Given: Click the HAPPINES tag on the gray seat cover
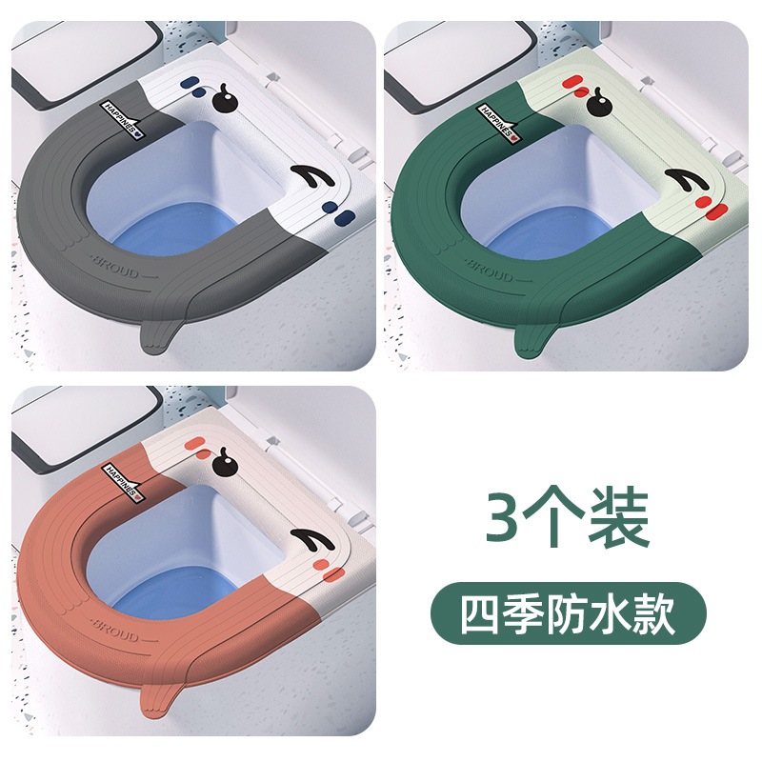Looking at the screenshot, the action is pos(122,120).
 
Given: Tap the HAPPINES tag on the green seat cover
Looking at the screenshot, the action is pos(497,123).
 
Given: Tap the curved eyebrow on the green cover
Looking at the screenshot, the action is pos(686,180).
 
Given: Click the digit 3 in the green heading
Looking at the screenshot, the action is pos(505,518).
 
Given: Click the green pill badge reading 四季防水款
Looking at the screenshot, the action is pos(568,613).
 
